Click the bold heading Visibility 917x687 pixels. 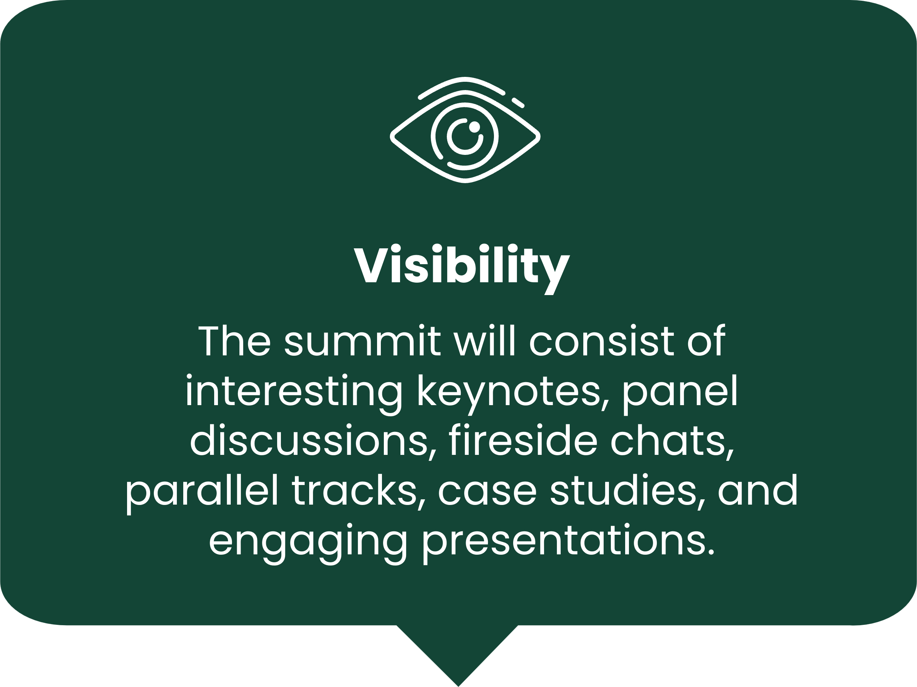(462, 268)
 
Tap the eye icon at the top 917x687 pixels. (465, 130)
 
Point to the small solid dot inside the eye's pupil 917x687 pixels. (474, 127)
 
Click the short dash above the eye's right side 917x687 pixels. (518, 103)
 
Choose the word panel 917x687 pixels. (681, 392)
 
